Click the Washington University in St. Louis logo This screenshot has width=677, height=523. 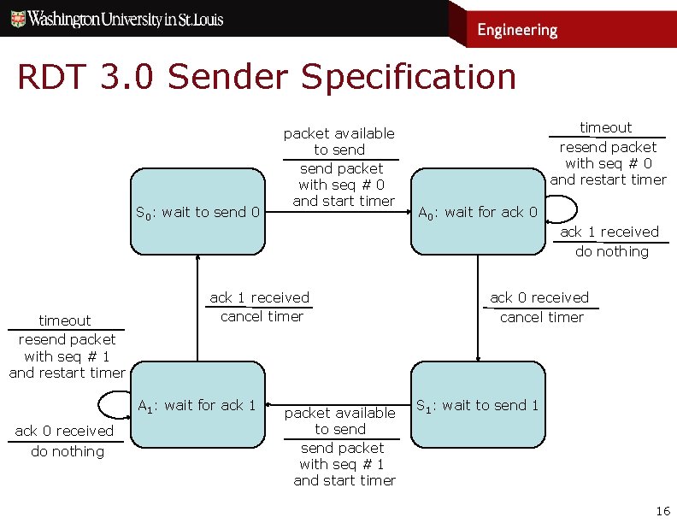click(117, 19)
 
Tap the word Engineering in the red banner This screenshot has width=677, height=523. click(516, 30)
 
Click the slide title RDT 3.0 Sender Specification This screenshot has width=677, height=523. click(267, 77)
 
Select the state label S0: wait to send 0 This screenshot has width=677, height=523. click(197, 212)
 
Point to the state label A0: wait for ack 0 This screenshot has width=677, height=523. click(477, 212)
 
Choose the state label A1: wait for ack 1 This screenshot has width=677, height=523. click(197, 405)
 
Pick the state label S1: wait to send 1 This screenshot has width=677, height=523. click(477, 405)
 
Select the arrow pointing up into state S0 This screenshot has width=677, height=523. click(197, 308)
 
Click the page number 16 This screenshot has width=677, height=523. click(662, 511)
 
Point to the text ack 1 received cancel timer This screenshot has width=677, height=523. click(260, 307)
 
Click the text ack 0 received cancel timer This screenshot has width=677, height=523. click(539, 307)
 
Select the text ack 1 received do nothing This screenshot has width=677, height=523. click(610, 241)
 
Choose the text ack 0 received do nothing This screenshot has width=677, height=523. click(66, 441)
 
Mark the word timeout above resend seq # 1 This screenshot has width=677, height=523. click(65, 320)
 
